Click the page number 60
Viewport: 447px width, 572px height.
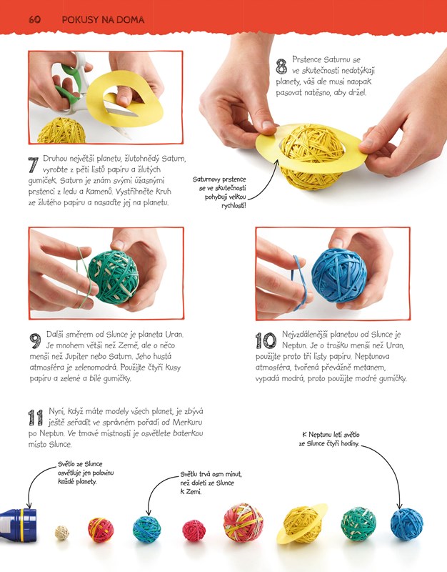click(34, 20)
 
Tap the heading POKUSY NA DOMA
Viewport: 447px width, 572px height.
click(103, 20)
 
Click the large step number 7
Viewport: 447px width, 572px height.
click(34, 165)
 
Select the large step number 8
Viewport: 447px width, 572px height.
click(281, 66)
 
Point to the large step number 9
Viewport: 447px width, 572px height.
click(35, 342)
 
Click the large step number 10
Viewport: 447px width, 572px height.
click(266, 341)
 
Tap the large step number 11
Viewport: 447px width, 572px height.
click(36, 418)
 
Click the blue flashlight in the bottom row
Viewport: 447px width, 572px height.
click(19, 525)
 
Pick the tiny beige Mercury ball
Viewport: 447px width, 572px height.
click(62, 533)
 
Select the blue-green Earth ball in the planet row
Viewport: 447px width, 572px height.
click(147, 529)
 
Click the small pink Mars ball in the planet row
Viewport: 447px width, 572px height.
click(194, 531)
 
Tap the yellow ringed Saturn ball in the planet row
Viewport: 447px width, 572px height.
click(301, 525)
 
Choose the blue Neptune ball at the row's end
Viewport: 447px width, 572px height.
click(406, 524)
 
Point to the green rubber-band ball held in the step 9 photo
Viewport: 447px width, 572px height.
click(114, 277)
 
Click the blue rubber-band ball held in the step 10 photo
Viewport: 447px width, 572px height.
click(339, 275)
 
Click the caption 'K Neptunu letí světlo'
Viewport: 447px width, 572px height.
click(331, 435)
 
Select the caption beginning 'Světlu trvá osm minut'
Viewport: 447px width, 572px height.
click(211, 483)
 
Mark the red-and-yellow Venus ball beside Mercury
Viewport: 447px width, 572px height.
click(101, 530)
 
